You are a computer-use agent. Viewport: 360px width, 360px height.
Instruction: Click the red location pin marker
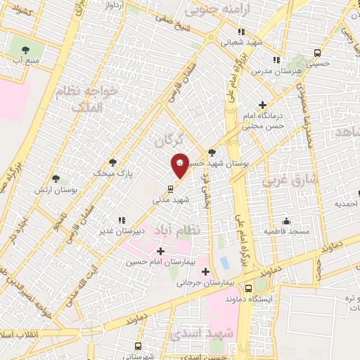click(x=179, y=165)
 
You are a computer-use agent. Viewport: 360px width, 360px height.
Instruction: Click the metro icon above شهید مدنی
click(x=169, y=188)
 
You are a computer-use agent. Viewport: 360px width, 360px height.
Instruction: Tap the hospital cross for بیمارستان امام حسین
click(x=161, y=250)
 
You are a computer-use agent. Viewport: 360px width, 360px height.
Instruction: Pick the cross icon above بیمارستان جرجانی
click(x=206, y=271)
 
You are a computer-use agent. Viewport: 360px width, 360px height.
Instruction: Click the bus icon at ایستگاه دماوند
click(x=248, y=288)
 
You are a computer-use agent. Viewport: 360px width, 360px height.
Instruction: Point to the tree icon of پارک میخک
click(x=113, y=161)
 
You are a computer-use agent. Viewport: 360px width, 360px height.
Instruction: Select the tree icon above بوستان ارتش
click(x=56, y=179)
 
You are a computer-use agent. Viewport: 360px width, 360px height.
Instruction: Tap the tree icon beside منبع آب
click(x=26, y=49)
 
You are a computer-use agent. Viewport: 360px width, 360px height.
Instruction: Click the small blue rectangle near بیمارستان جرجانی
click(x=224, y=262)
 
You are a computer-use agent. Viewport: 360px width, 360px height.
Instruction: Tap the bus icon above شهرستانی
click(x=137, y=346)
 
